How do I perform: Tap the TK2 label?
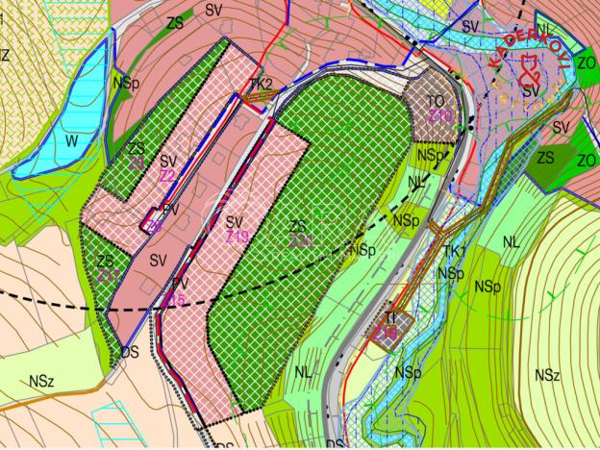[260, 84]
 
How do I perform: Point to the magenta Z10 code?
[440, 116]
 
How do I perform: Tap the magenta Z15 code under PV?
[173, 300]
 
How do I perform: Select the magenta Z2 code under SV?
[167, 176]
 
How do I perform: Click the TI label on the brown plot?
[390, 317]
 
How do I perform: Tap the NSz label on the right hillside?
[548, 373]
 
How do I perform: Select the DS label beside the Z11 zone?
[129, 352]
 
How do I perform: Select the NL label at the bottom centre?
[303, 371]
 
